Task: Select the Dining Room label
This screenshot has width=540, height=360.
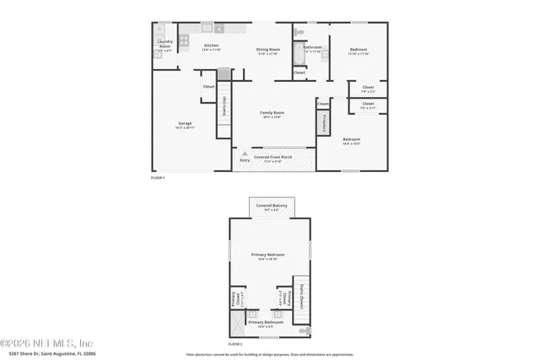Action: (x=268, y=51)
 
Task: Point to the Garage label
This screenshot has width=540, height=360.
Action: (x=185, y=125)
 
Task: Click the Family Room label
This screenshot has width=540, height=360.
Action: (x=272, y=115)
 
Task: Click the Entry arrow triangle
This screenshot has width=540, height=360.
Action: (x=245, y=153)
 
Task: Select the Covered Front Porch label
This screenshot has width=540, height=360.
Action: (x=273, y=158)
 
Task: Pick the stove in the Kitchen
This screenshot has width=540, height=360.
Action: (x=184, y=39)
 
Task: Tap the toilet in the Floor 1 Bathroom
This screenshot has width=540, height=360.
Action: (x=299, y=33)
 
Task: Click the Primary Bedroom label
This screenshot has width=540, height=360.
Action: (x=268, y=256)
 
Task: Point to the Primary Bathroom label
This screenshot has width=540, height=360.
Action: (x=266, y=324)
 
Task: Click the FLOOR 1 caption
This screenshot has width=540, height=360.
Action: (x=158, y=178)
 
